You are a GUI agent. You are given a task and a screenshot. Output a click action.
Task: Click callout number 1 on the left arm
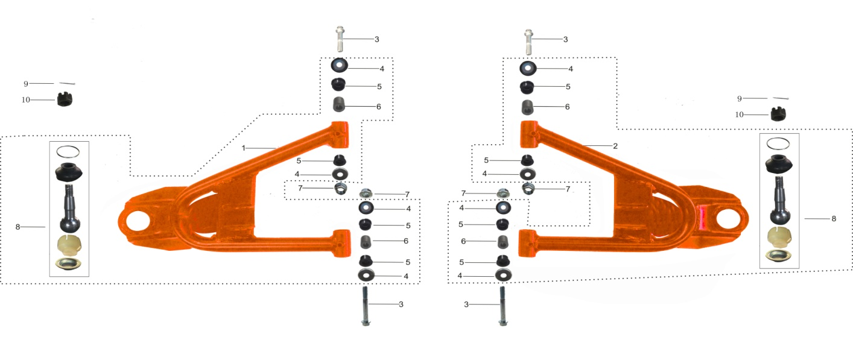click(244, 148)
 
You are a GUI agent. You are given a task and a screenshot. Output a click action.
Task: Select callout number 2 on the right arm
click(615, 146)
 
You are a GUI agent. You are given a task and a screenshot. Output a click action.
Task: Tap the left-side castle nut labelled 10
click(65, 99)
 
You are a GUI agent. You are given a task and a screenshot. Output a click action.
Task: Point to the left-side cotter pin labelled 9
click(67, 83)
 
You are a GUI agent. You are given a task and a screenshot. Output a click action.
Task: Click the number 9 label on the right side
click(740, 98)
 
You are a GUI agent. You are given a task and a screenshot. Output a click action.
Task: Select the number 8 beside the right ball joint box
click(834, 218)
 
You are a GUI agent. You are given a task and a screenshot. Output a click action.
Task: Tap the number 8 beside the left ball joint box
click(18, 227)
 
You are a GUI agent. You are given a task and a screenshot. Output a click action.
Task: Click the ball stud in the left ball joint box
click(71, 211)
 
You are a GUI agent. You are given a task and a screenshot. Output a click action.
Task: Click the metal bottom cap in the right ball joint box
click(779, 256)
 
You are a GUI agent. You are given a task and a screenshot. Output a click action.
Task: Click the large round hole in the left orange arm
click(137, 220)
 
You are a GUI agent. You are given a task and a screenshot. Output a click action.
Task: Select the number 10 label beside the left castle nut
click(26, 99)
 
